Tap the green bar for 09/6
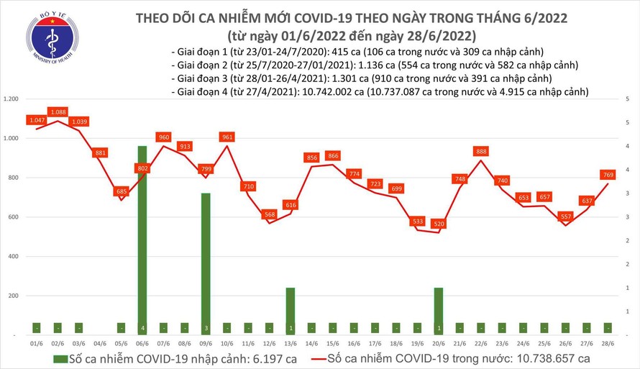click(x=205, y=263)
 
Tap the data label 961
click(x=227, y=137)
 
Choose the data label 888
click(x=482, y=151)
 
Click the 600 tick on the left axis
click(x=13, y=217)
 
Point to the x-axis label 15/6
click(x=332, y=345)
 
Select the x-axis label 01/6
click(x=35, y=345)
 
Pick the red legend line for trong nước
click(x=310, y=357)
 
